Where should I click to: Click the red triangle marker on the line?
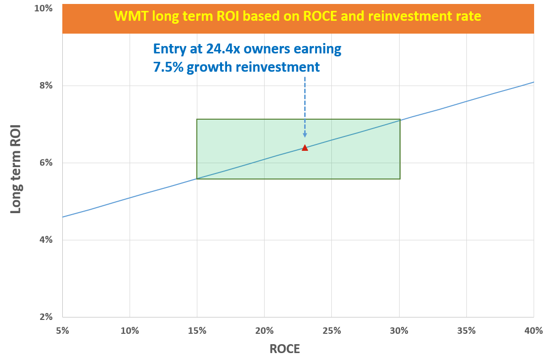point(305,148)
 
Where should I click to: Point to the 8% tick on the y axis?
point(45,86)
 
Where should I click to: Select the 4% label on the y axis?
point(45,240)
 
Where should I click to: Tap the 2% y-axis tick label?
point(45,317)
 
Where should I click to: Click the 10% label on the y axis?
point(44,9)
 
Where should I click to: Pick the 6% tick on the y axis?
point(45,163)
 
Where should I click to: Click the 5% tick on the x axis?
point(62,330)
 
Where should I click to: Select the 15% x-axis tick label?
point(197,330)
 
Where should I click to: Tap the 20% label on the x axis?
point(264,330)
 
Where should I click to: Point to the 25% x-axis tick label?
point(331,330)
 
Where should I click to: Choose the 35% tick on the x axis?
point(466,330)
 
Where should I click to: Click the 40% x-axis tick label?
point(534,330)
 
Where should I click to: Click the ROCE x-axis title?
point(284,349)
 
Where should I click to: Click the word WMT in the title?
point(129,16)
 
